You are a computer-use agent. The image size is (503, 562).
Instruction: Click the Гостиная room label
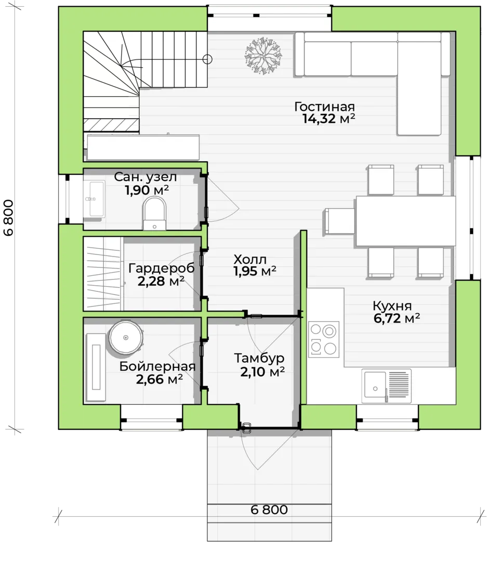coord(324,107)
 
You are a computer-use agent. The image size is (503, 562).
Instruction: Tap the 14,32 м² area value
coord(328,119)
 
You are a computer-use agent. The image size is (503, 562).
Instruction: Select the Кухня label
coord(392,306)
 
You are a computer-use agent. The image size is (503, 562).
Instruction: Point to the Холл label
coord(250,259)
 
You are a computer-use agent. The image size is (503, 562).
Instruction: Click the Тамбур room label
coord(259,358)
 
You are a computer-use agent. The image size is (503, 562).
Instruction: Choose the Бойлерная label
coord(157,366)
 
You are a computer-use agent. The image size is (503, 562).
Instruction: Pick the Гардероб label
coord(162,268)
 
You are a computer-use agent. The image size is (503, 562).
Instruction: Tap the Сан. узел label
coord(145,177)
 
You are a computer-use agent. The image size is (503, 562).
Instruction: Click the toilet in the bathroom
coord(154,214)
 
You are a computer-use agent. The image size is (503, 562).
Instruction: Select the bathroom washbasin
coord(94,199)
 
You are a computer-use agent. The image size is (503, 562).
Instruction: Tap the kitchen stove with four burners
coord(324,339)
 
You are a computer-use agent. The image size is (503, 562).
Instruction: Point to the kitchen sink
coord(386,386)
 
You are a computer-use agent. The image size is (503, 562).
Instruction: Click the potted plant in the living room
coord(263,55)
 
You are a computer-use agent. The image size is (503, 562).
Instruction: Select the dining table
coord(405,221)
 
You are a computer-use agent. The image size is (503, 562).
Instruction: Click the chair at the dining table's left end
coord(339,221)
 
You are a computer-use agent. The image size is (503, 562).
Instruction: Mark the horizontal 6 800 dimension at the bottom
coord(269,509)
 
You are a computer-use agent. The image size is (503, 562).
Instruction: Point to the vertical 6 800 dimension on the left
coord(9,218)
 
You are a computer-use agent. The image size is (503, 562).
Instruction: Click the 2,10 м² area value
coord(262,372)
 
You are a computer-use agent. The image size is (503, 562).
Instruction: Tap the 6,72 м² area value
coord(396,318)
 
